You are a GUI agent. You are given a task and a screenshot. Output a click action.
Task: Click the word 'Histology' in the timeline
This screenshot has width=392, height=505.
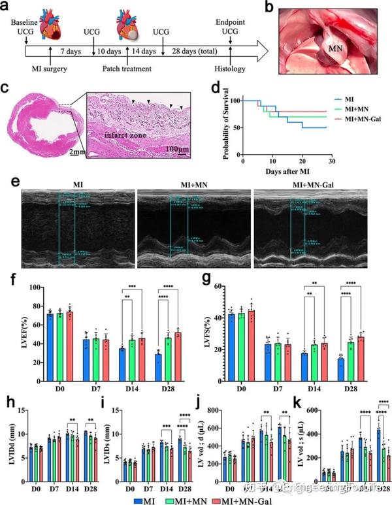tap(231, 68)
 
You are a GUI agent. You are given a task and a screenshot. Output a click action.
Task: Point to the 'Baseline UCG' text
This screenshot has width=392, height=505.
tap(24, 27)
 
